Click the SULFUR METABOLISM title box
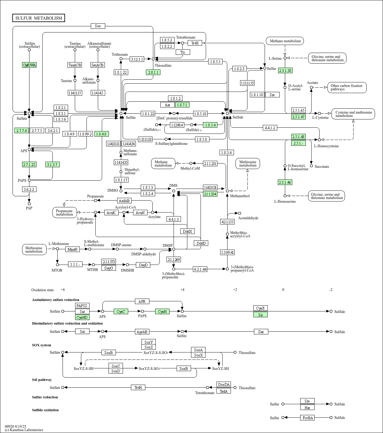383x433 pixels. pyautogui.click(x=39, y=18)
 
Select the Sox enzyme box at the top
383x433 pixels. pyautogui.click(x=98, y=26)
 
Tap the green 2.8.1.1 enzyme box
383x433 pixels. pyautogui.click(x=153, y=72)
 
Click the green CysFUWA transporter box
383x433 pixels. pyautogui.click(x=29, y=65)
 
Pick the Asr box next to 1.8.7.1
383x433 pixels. pyautogui.click(x=167, y=105)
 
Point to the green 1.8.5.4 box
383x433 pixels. pyautogui.click(x=210, y=125)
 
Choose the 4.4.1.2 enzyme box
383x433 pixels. pyautogui.click(x=270, y=128)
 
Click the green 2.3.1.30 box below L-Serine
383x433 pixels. pyautogui.click(x=285, y=70)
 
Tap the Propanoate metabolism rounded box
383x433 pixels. pyautogui.click(x=64, y=213)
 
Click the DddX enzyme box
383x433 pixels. pyautogui.click(x=187, y=231)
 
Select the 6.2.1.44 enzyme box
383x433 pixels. pyautogui.click(x=200, y=269)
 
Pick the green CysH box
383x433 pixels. pyautogui.click(x=162, y=311)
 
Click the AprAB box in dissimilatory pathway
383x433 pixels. pyautogui.click(x=142, y=332)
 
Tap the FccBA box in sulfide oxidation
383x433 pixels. pyautogui.click(x=307, y=418)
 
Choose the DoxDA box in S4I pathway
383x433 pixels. pyautogui.click(x=224, y=384)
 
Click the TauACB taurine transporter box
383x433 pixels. pyautogui.click(x=75, y=65)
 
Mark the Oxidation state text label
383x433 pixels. pyautogui.click(x=43, y=290)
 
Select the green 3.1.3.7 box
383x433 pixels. pyautogui.click(x=52, y=164)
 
